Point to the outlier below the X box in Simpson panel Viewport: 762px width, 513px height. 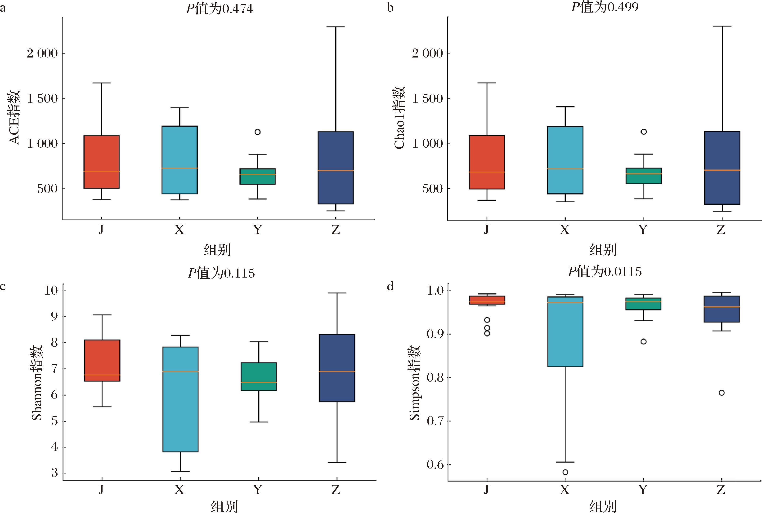pos(565,472)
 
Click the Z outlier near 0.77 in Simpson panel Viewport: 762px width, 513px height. pos(722,393)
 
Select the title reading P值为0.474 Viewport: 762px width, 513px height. pos(220,9)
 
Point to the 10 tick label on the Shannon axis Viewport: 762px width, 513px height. pos(51,290)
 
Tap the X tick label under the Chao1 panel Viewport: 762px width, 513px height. pos(565,230)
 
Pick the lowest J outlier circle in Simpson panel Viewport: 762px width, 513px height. pos(487,333)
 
